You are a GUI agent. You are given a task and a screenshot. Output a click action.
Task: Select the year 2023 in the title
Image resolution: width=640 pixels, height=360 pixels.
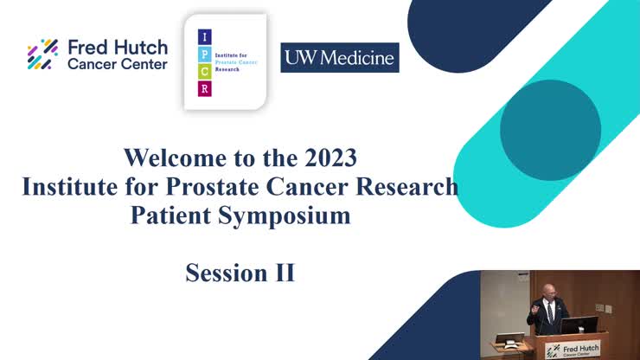pyautogui.click(x=330, y=158)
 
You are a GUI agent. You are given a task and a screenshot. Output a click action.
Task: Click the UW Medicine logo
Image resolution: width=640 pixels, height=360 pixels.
pyautogui.click(x=339, y=58)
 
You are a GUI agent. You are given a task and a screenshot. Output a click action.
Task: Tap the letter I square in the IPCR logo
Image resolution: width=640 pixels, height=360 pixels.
pyautogui.click(x=204, y=37)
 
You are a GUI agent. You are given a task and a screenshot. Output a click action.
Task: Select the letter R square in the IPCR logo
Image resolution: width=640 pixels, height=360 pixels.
pyautogui.click(x=204, y=88)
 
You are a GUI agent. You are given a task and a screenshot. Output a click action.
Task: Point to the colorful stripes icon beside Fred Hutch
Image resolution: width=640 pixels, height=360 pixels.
pyautogui.click(x=42, y=55)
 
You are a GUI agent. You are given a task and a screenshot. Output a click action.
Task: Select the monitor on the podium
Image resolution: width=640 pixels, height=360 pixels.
pyautogui.click(x=580, y=325)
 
